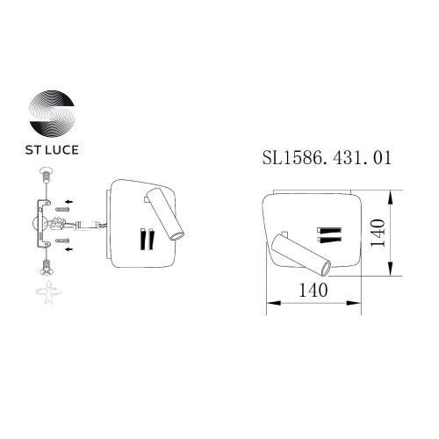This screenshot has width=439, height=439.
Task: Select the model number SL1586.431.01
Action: tap(327, 159)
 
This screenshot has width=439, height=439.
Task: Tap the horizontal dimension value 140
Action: tap(312, 290)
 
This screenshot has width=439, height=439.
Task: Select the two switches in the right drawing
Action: tap(329, 233)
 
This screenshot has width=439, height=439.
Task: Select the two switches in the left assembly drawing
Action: tap(146, 238)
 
